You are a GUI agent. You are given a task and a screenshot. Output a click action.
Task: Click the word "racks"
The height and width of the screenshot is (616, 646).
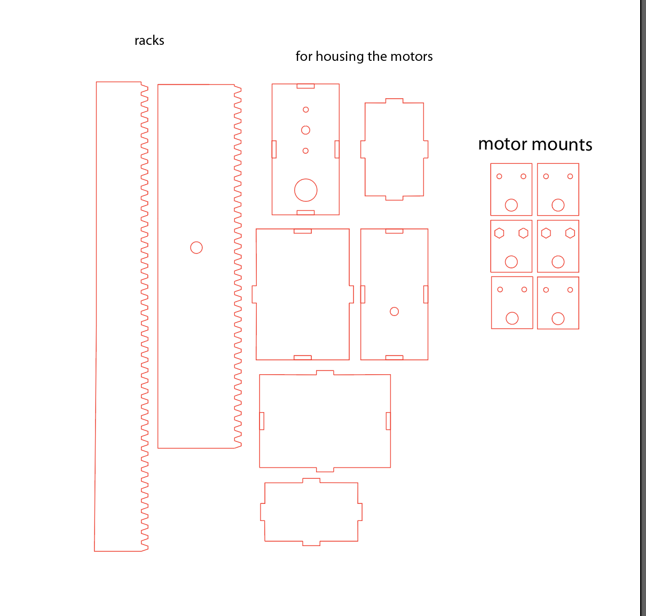(149, 41)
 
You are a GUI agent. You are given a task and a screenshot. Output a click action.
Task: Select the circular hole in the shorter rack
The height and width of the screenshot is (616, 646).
(196, 247)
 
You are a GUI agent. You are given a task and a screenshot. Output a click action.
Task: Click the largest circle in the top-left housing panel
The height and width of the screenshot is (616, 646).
(305, 190)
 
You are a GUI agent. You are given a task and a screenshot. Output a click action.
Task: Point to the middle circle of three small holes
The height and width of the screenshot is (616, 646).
(305, 130)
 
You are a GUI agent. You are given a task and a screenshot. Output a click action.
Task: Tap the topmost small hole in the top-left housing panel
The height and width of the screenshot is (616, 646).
(305, 110)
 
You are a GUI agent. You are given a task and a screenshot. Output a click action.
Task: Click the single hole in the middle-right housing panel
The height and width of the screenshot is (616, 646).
(394, 311)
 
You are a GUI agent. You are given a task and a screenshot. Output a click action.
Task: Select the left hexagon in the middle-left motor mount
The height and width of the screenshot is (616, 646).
(499, 233)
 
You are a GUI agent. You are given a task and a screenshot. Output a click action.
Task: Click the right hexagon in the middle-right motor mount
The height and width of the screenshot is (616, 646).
(570, 233)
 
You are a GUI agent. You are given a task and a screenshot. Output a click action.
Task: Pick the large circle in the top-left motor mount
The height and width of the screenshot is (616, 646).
(511, 205)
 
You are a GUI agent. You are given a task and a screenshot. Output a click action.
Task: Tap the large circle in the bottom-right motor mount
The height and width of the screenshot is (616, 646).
(558, 318)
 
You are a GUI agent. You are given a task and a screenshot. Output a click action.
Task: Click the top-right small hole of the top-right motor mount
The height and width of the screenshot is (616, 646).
(570, 177)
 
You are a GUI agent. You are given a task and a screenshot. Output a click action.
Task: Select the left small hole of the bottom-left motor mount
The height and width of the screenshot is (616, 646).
(500, 289)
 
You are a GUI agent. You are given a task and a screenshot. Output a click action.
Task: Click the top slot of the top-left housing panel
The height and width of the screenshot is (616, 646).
(305, 86)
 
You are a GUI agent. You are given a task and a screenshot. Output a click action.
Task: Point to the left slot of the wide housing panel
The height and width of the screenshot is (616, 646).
(262, 421)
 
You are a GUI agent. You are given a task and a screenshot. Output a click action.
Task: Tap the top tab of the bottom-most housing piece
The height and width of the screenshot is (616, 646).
(311, 480)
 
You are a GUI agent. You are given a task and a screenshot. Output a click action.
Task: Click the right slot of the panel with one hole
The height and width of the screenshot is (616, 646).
(426, 294)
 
